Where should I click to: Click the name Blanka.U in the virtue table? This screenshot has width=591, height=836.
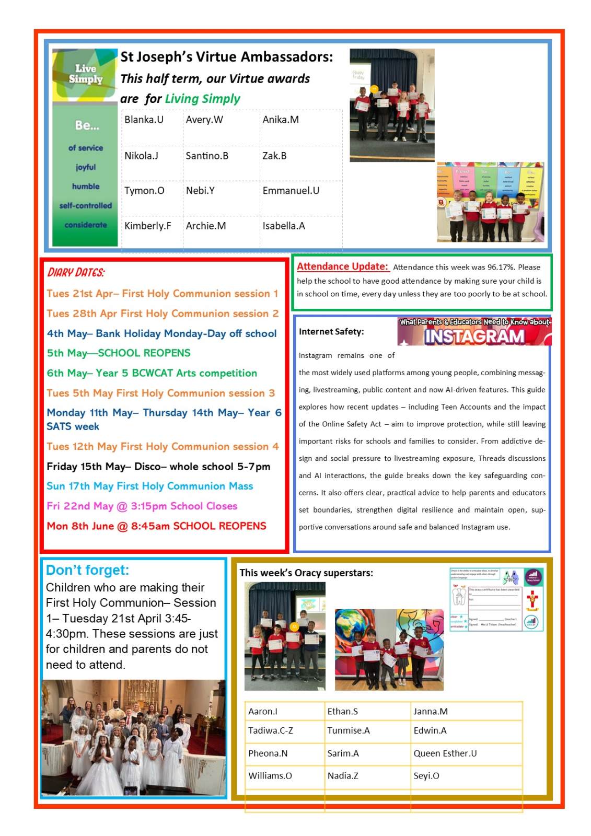[x=144, y=120]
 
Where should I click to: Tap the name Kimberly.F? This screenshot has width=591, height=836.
[x=147, y=226]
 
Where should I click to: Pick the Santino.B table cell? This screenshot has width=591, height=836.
[x=207, y=156]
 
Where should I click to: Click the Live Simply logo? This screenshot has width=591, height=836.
[x=85, y=75]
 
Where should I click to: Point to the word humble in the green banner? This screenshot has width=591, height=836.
[x=86, y=187]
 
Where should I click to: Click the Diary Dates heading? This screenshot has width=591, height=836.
[x=76, y=272]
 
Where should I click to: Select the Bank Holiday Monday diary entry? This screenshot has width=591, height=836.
[x=161, y=333]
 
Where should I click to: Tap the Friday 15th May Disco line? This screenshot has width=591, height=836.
[x=158, y=466]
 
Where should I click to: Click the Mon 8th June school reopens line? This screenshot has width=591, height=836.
[x=156, y=526]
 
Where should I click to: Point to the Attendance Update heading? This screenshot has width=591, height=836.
[x=342, y=266]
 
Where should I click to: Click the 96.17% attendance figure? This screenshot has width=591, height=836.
[x=500, y=267]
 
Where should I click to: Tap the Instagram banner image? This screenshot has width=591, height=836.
[x=474, y=331]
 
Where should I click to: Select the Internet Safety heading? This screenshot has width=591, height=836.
[x=331, y=332]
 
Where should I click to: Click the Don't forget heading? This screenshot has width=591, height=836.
[x=87, y=570]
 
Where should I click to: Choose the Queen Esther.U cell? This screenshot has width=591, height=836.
[x=445, y=753]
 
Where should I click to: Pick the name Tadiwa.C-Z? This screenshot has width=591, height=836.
[x=270, y=730]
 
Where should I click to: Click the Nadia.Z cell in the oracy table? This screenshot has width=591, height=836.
[x=343, y=775]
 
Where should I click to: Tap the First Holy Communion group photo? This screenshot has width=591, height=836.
[x=133, y=737]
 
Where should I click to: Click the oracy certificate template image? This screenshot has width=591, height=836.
[x=496, y=599]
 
